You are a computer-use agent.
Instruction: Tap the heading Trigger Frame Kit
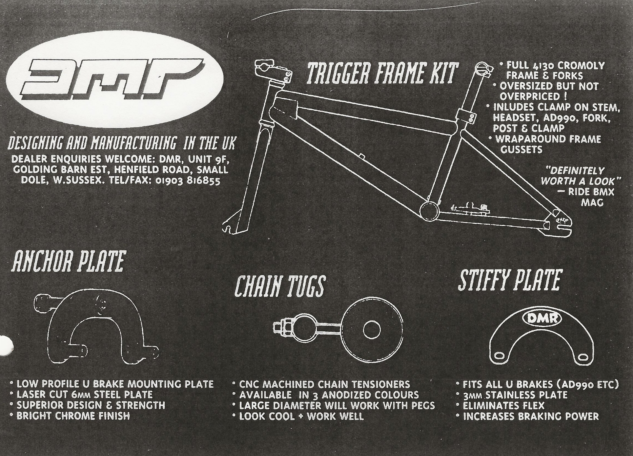(x=382, y=73)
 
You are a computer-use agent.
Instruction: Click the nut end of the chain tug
(x=279, y=327)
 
